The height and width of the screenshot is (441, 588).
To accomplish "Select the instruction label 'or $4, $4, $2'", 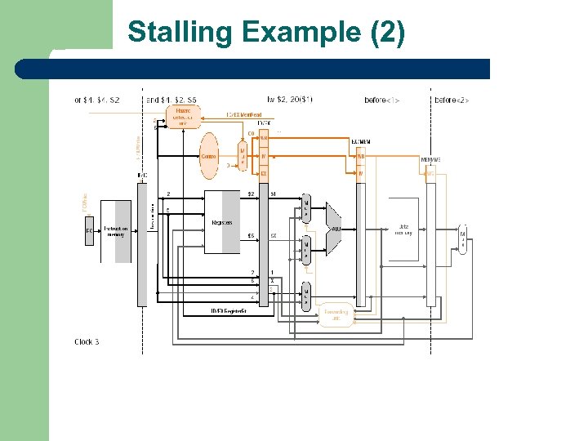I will [97, 100].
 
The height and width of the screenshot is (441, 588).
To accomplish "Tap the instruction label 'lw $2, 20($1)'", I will [289, 100].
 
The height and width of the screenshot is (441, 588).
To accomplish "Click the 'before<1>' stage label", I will [381, 100].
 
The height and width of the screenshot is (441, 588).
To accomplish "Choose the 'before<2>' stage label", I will [452, 100].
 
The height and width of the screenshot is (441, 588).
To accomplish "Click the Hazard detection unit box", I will [183, 117].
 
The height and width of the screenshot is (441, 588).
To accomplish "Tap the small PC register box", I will [89, 230].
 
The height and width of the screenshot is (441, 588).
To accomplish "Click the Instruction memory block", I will [115, 231].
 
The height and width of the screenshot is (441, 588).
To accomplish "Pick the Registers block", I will [222, 222].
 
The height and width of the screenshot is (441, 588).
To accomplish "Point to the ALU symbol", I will [335, 229].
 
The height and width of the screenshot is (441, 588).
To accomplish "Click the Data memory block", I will [403, 230].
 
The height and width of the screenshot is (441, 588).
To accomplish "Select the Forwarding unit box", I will [336, 315].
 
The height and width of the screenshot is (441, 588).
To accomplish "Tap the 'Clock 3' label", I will [87, 341].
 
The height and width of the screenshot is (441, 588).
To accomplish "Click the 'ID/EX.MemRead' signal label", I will [244, 115].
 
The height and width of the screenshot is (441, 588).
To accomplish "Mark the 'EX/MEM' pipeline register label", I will [361, 142].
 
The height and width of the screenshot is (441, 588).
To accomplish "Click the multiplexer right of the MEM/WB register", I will [463, 238].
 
